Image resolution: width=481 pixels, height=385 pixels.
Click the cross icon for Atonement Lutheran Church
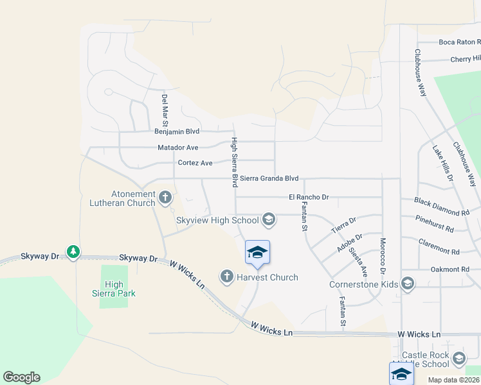165,197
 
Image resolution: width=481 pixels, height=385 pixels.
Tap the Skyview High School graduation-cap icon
269,220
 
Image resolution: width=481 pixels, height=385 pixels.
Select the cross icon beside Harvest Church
226,277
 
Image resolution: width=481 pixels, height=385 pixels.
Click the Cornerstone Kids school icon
407,283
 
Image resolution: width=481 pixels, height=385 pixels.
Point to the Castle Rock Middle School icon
458,358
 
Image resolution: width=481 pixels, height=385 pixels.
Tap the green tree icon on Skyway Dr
73,252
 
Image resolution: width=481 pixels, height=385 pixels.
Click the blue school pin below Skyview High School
257,252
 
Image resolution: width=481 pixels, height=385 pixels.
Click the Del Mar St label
165,110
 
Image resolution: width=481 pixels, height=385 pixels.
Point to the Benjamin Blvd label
177,131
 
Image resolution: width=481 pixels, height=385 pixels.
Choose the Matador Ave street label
178,148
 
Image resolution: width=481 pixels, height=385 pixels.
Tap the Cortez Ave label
195,163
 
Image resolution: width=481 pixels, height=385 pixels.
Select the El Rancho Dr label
309,197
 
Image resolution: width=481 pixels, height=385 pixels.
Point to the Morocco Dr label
382,254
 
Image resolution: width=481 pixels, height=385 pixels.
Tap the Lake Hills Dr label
442,162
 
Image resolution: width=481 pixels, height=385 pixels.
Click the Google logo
21,377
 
